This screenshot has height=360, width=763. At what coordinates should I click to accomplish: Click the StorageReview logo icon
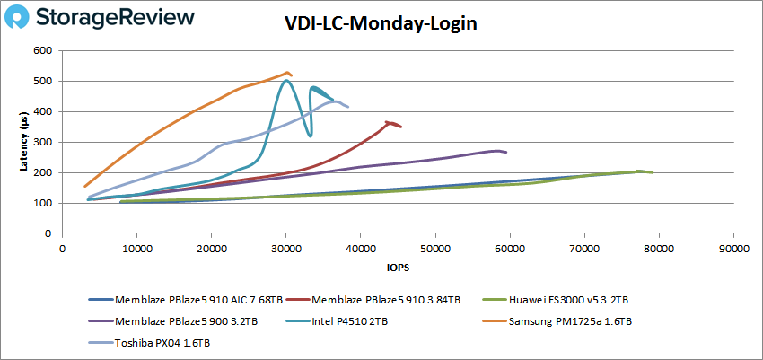pyautogui.click(x=26, y=18)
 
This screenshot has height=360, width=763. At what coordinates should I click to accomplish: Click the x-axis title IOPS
pyautogui.click(x=397, y=268)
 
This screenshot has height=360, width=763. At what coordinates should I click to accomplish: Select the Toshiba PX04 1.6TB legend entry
pyautogui.click(x=162, y=342)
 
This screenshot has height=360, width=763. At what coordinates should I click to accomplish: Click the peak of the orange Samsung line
pyautogui.click(x=287, y=73)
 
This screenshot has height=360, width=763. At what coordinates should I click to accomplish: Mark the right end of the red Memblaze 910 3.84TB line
pyautogui.click(x=401, y=127)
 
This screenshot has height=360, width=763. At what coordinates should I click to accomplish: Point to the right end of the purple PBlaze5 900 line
pyautogui.click(x=506, y=153)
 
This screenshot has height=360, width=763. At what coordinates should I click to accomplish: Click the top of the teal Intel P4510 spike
pyautogui.click(x=286, y=81)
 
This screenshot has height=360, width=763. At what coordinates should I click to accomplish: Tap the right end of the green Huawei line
pyautogui.click(x=653, y=172)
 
